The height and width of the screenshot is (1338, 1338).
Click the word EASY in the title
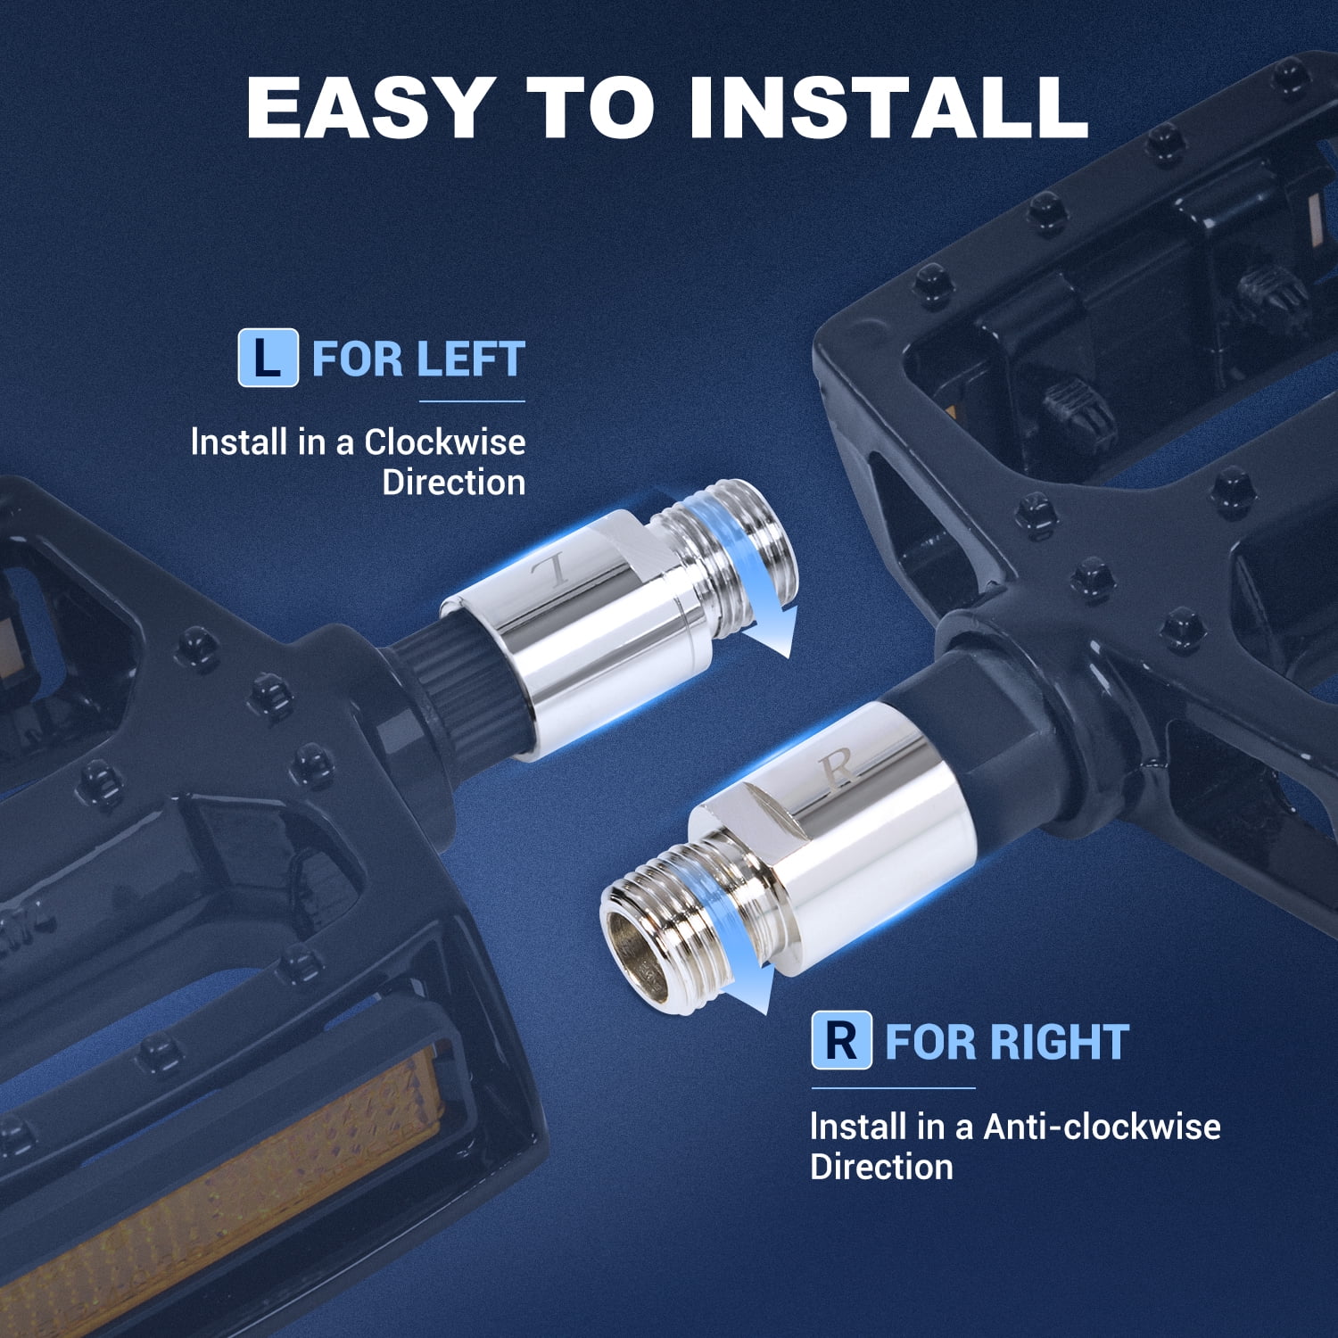click(x=369, y=108)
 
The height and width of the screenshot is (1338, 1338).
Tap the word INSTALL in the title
click(x=888, y=108)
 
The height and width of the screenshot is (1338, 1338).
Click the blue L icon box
click(x=268, y=358)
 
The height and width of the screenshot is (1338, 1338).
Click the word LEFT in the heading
click(x=470, y=359)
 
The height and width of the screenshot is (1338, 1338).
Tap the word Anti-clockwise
click(x=1102, y=1127)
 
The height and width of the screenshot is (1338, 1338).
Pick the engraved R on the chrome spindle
click(x=838, y=768)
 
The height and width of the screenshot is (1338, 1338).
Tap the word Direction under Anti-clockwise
click(x=881, y=1168)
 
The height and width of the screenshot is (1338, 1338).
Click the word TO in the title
click(x=591, y=108)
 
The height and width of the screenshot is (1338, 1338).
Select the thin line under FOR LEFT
click(x=472, y=401)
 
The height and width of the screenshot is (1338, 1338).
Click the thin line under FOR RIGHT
click(x=893, y=1088)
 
